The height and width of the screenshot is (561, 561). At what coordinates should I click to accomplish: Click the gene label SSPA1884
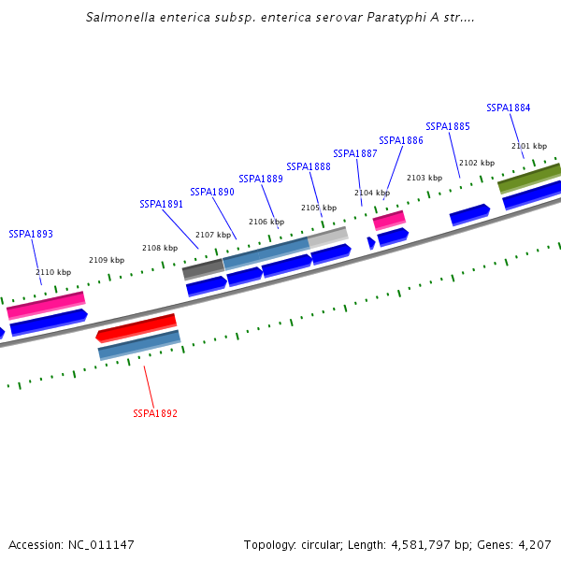[x=508, y=108]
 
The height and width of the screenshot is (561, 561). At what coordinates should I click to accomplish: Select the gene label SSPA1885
[x=447, y=126]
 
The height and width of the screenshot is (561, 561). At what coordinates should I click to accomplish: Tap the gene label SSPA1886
[x=400, y=140]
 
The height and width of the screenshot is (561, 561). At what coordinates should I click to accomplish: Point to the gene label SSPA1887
[x=355, y=153]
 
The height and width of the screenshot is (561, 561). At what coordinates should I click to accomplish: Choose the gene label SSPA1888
[x=309, y=166]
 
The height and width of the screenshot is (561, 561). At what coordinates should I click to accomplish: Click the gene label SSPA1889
[x=261, y=179]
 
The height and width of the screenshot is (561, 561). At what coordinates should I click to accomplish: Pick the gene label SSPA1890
[x=212, y=192]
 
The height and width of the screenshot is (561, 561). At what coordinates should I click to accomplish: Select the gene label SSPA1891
[x=161, y=204]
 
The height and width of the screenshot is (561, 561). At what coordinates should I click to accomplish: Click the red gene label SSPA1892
[x=155, y=413]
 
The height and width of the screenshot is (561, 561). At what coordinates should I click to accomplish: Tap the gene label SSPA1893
[x=31, y=234]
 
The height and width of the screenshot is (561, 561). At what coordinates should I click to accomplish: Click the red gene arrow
[x=137, y=327]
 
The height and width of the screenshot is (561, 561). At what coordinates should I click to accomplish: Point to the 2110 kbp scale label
[x=53, y=272]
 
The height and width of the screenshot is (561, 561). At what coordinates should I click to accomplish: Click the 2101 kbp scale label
[x=528, y=146]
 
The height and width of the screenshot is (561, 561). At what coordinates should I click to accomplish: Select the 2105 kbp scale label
[x=318, y=208]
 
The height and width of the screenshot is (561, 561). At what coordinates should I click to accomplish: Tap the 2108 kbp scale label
[x=159, y=248]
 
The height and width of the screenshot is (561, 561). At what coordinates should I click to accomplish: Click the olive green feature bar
[x=529, y=178]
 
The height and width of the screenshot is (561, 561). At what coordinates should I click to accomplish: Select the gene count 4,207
[x=534, y=544]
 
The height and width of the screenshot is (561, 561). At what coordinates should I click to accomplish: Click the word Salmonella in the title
[x=121, y=17]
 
